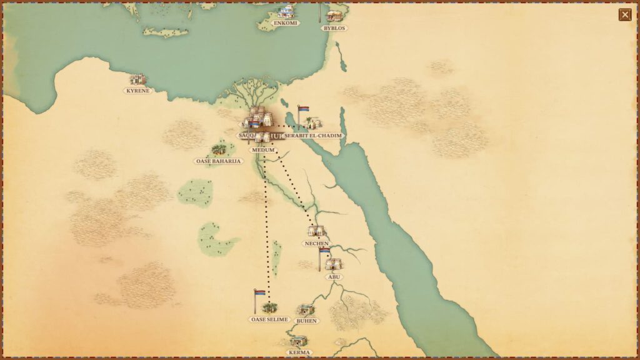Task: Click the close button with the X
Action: [624, 15]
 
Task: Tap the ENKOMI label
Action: [286, 23]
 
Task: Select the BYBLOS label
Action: [334, 28]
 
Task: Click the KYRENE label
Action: [137, 91]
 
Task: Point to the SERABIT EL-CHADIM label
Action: [314, 136]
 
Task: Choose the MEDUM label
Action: [262, 151]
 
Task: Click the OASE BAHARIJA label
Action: [218, 161]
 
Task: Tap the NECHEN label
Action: [316, 243]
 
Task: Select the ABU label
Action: [335, 277]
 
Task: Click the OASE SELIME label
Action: [269, 319]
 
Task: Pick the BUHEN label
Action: [307, 321]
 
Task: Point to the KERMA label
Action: [299, 352]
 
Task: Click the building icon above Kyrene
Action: [137, 79]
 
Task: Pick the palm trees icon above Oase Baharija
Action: [219, 150]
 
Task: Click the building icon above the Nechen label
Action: [317, 231]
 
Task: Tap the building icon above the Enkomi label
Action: [286, 12]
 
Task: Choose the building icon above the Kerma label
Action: [299, 341]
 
